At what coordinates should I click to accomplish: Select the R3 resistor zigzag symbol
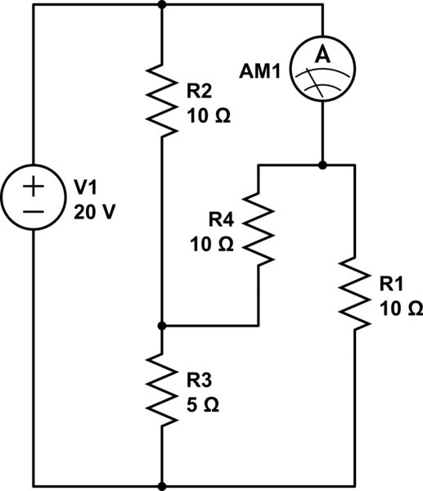[163, 390]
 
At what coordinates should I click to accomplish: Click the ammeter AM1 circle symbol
[322, 72]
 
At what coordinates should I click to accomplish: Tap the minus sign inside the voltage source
[34, 211]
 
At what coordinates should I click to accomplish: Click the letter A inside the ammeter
[322, 56]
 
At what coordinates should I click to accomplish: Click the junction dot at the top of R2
[163, 5]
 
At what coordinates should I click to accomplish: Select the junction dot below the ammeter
[322, 165]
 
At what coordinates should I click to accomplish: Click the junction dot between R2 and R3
[163, 326]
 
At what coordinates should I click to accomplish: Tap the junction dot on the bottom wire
[163, 485]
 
